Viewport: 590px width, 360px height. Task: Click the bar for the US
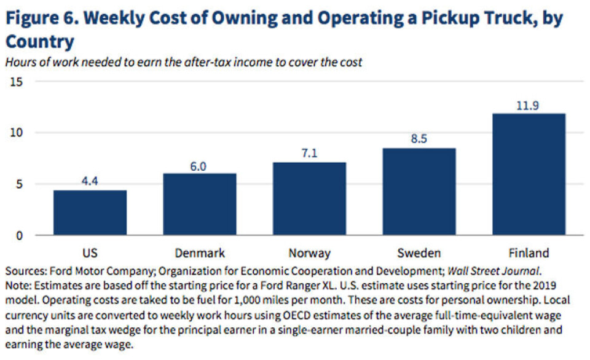[x=90, y=213]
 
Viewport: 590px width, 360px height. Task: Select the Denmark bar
[x=199, y=204]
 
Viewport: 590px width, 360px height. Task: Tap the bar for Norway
[x=309, y=198]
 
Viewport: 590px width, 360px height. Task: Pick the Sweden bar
[x=419, y=191]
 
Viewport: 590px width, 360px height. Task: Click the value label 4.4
[x=90, y=182]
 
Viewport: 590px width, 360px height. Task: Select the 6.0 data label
[x=199, y=165]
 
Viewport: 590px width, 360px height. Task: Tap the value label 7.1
[x=309, y=154]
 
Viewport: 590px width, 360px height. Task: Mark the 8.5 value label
[x=419, y=140]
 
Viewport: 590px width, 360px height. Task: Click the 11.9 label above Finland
[x=529, y=105]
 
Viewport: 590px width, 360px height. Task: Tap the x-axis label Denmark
[x=199, y=252]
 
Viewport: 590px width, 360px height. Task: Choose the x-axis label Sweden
[x=419, y=252]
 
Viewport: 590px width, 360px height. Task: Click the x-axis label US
[x=90, y=252]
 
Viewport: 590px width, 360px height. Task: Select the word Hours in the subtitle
[x=21, y=61]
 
